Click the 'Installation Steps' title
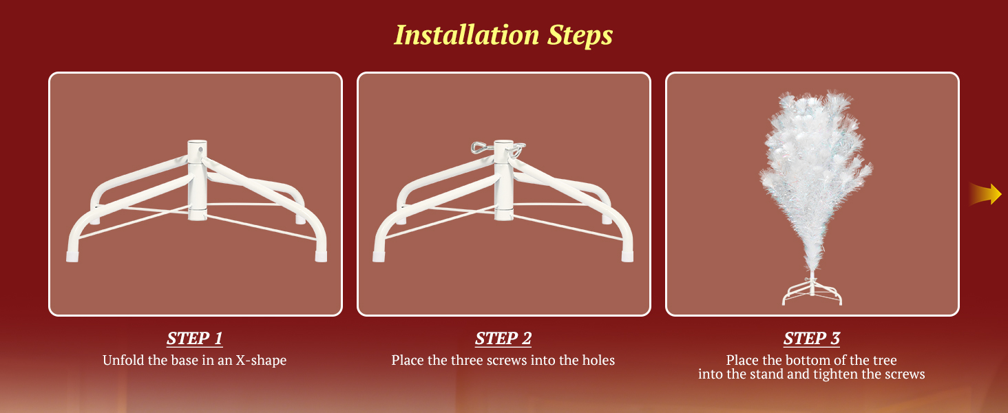point(503,35)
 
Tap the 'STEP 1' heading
point(195,339)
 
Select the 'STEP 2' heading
point(503,339)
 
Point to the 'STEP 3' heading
point(812,339)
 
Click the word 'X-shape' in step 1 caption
point(261,361)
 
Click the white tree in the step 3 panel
point(815,180)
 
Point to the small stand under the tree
point(812,293)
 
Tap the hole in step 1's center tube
point(200,148)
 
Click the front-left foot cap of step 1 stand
point(72,257)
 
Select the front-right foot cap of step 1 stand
point(321,257)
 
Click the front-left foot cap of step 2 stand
point(379,257)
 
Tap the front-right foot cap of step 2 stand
point(627,257)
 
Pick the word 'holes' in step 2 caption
point(598,361)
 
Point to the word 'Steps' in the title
point(580,35)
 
